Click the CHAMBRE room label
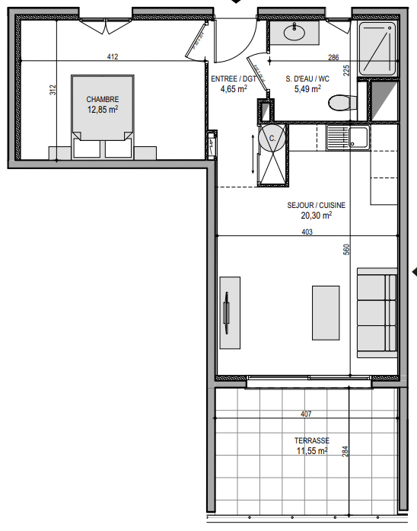point(103,99)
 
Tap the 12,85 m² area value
point(103,110)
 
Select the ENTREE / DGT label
point(234,79)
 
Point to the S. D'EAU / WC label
point(307,79)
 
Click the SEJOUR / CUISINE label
point(317,205)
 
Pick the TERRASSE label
point(311,440)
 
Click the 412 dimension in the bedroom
point(113,56)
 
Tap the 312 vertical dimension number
point(53,90)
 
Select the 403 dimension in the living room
point(307,232)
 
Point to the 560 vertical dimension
point(346,250)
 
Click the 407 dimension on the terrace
point(306,414)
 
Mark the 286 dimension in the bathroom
point(333,57)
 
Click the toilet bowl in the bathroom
point(342,103)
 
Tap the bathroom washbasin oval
point(294,33)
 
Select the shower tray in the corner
point(377,49)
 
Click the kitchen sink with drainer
point(348,138)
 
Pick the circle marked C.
point(272,138)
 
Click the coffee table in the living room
point(326,313)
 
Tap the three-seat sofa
point(377,312)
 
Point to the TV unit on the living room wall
point(230,313)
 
